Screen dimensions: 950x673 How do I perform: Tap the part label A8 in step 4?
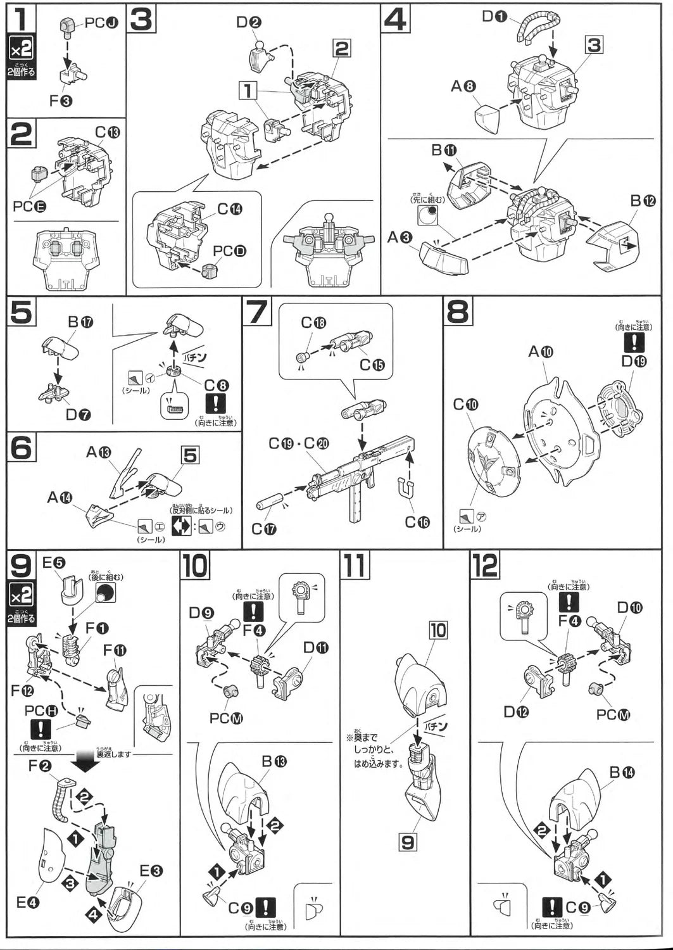463,87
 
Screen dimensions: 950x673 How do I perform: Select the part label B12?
642,201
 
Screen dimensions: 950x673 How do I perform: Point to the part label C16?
418,521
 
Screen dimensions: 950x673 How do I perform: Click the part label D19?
634,362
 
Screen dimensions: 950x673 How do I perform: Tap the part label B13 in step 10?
274,761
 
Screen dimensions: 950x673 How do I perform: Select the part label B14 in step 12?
621,772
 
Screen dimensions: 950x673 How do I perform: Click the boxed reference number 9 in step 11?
408,842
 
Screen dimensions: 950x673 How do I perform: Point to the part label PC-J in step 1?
101,23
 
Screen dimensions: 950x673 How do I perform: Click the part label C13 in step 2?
108,132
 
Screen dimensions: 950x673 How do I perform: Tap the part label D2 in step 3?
249,22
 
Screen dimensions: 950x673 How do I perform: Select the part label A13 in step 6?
98,452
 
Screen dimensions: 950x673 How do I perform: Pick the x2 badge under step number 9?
21,595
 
